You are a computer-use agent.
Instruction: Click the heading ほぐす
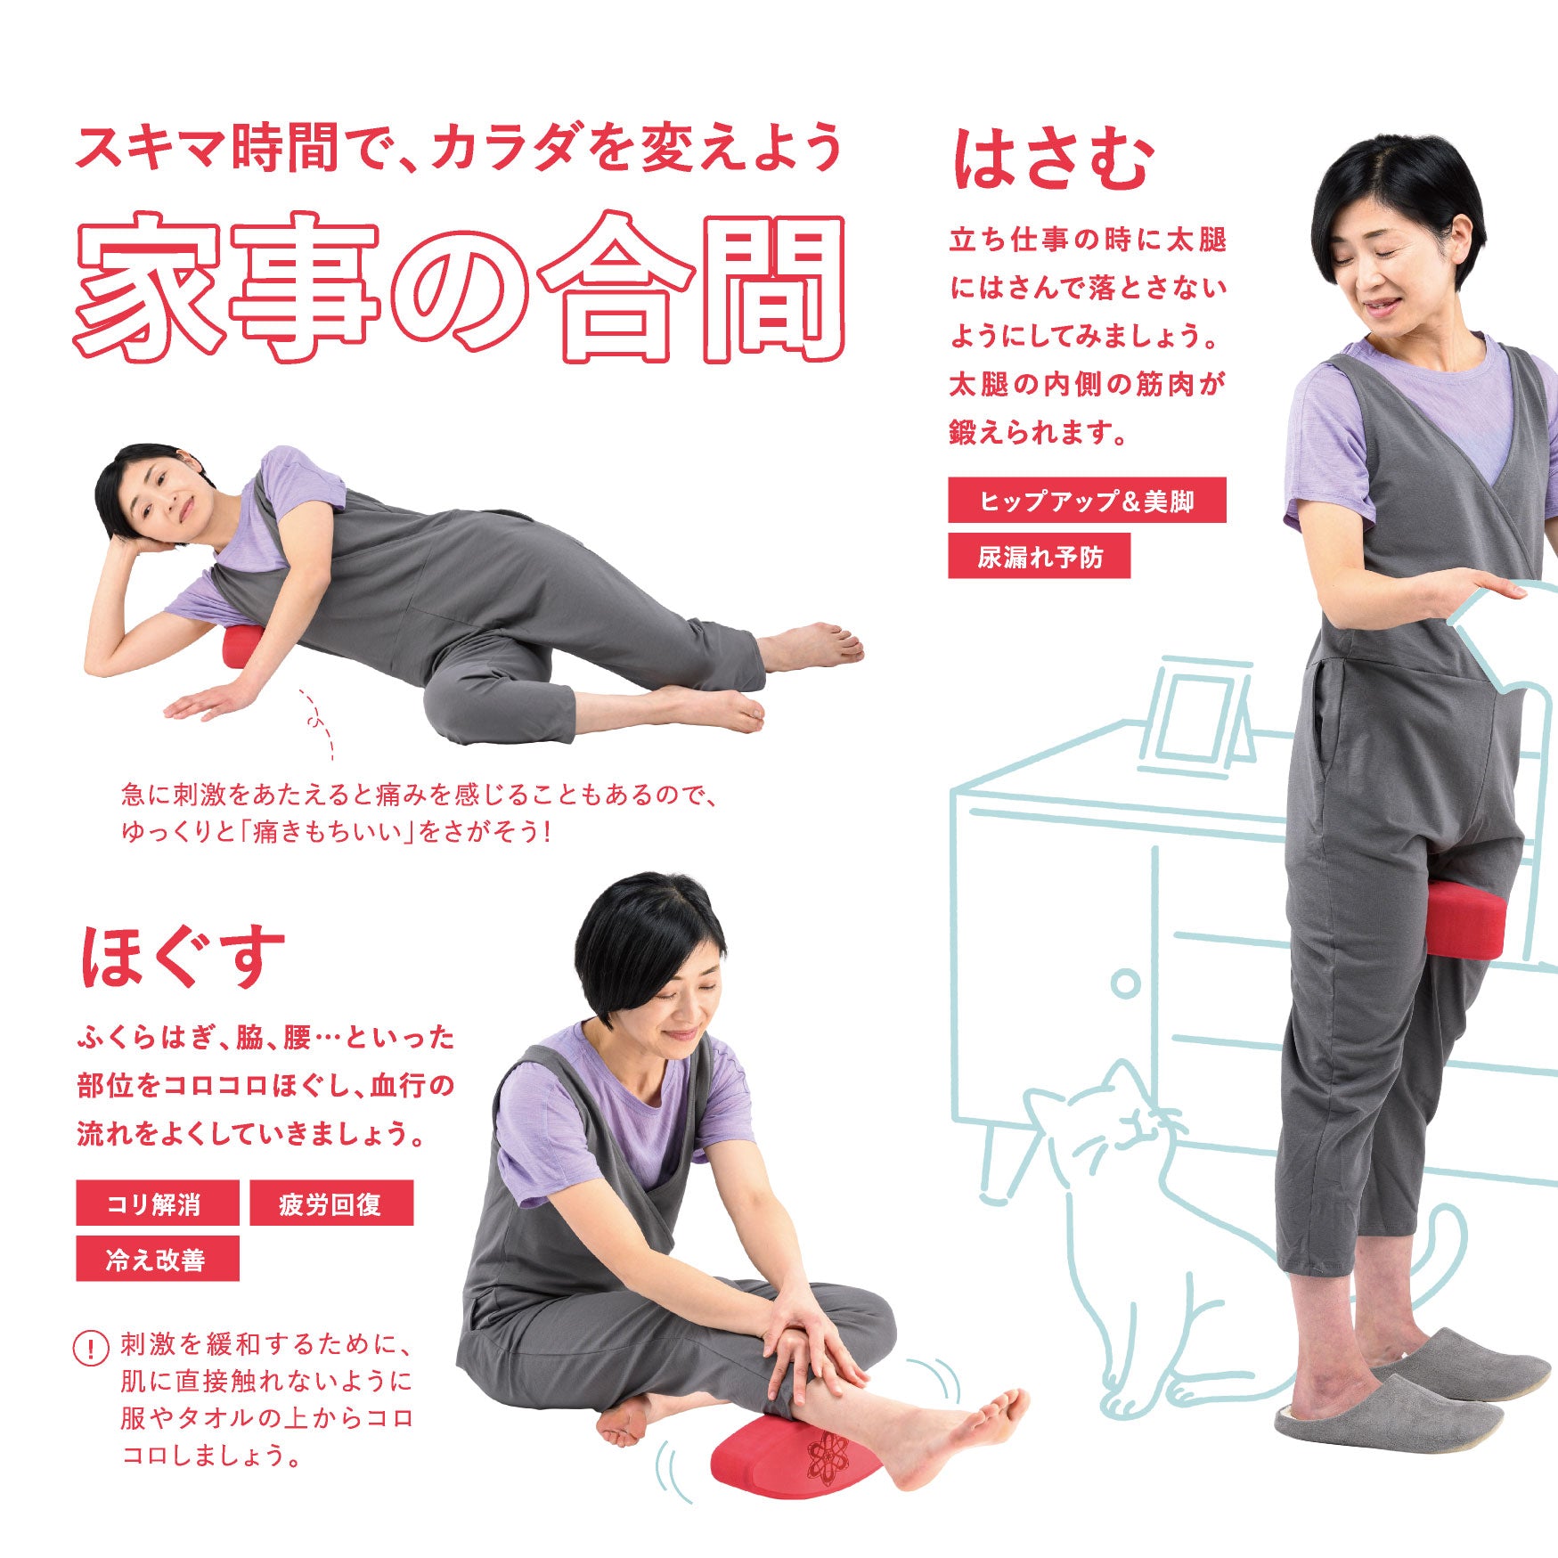183,957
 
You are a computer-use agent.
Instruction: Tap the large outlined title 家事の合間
459,287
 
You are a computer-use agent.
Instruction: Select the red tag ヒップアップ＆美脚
1087,501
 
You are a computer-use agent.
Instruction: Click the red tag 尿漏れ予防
1039,556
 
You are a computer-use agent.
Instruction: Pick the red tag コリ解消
158,1203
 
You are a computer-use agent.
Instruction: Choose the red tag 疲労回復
331,1203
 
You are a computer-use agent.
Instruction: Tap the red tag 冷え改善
158,1258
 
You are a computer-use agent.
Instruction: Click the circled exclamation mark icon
90,1347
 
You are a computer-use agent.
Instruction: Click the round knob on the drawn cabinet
1126,984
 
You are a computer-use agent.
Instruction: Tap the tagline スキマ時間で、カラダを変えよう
458,147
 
